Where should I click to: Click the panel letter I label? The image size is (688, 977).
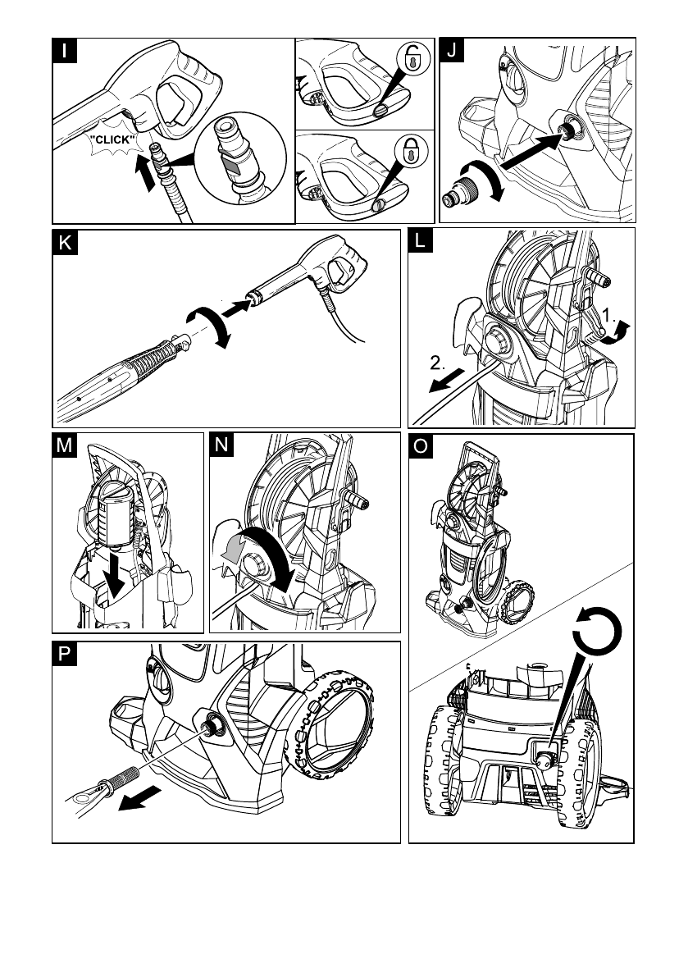65,51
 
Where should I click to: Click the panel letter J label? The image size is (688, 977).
452,51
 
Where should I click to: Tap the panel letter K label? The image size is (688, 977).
65,242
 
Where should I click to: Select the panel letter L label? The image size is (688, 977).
421,240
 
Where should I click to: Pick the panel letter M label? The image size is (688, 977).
64,445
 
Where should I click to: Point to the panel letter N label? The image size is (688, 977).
221,445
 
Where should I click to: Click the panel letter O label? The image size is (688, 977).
421,447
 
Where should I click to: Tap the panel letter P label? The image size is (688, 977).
65,655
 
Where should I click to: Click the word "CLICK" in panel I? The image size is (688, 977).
112,140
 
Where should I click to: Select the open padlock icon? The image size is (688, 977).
412,58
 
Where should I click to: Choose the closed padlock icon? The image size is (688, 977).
412,150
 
